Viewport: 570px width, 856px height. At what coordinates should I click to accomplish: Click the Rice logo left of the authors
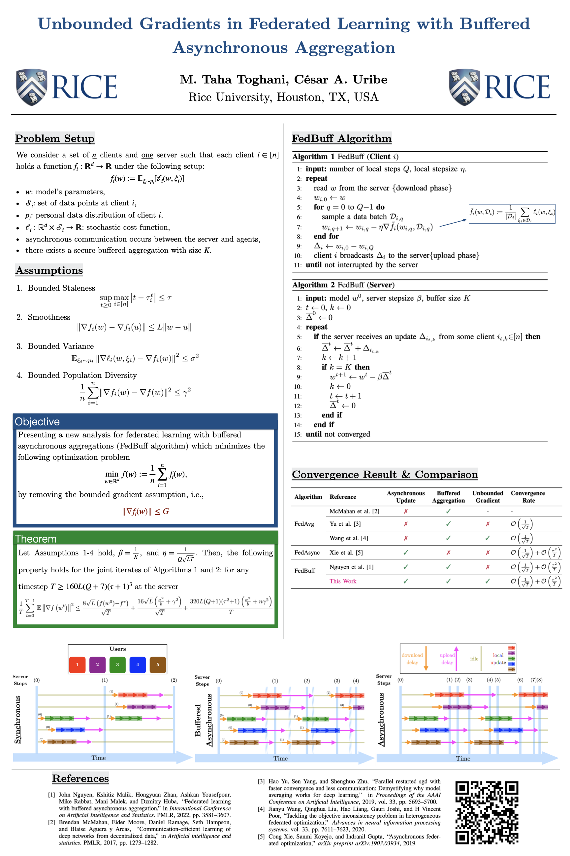tap(67, 87)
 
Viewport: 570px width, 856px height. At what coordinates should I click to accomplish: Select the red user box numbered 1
tap(77, 664)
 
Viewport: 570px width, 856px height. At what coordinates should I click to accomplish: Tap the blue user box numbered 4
tap(138, 664)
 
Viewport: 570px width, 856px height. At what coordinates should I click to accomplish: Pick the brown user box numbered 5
tap(157, 664)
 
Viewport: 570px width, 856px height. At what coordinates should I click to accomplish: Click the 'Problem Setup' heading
tap(55, 138)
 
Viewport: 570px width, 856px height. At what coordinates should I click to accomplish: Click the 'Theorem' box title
tap(36, 539)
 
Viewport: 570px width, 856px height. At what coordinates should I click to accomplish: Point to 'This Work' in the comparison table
tap(342, 581)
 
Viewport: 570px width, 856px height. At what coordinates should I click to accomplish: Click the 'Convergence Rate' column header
tap(527, 496)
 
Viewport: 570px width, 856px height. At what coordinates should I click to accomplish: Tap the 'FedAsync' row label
tap(307, 553)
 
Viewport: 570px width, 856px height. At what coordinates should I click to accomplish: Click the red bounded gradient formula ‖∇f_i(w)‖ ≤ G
tap(145, 511)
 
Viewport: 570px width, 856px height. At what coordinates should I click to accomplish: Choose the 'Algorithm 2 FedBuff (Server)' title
tap(343, 285)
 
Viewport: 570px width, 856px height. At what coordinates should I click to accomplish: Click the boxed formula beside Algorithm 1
tap(512, 214)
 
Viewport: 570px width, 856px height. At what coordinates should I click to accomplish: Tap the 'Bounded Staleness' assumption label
tap(61, 288)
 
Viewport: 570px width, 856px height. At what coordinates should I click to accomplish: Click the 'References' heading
tap(80, 778)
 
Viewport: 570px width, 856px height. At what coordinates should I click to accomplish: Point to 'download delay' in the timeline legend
tap(412, 659)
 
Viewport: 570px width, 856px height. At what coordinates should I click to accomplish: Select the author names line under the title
tap(284, 79)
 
